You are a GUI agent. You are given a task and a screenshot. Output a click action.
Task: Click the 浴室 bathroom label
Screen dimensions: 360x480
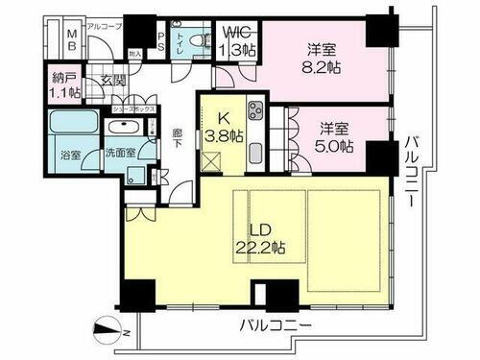click(x=68, y=154)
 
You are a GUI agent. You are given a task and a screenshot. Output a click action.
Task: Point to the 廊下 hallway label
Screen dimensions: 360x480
click(x=178, y=138)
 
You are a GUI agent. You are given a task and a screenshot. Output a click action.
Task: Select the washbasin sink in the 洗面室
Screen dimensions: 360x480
click(x=122, y=129)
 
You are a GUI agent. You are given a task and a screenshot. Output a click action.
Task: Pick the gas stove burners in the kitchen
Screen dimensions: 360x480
click(x=256, y=111)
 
